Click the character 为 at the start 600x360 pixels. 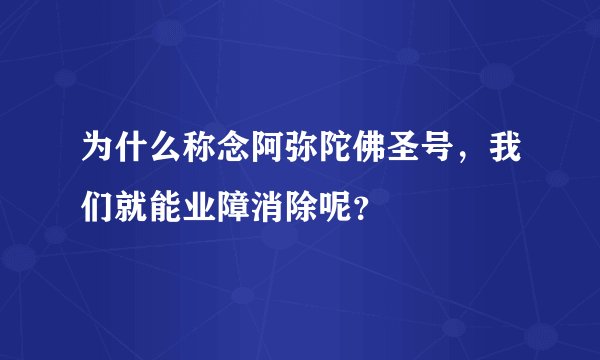coord(84,151)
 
